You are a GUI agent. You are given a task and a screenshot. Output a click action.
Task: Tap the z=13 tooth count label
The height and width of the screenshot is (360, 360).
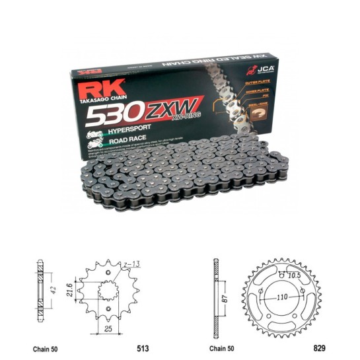click(x=130, y=266)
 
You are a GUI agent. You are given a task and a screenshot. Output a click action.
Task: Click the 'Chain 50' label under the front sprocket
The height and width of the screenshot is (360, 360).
click(x=47, y=345)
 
